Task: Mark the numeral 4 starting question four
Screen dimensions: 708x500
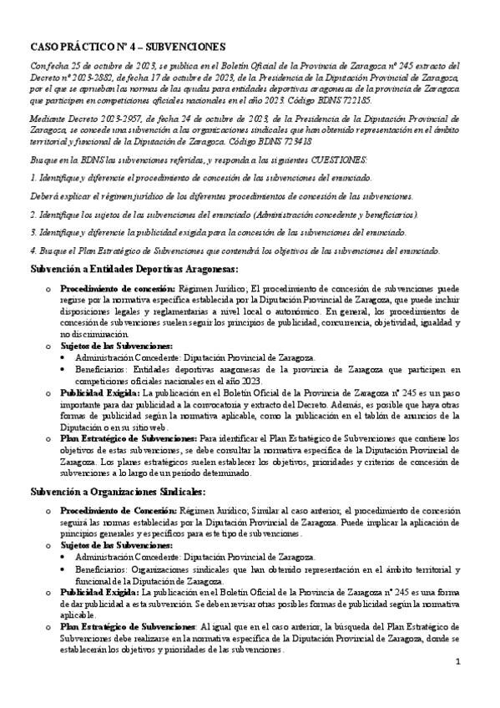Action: tap(33, 250)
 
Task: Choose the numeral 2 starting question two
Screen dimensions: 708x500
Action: tap(33, 214)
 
